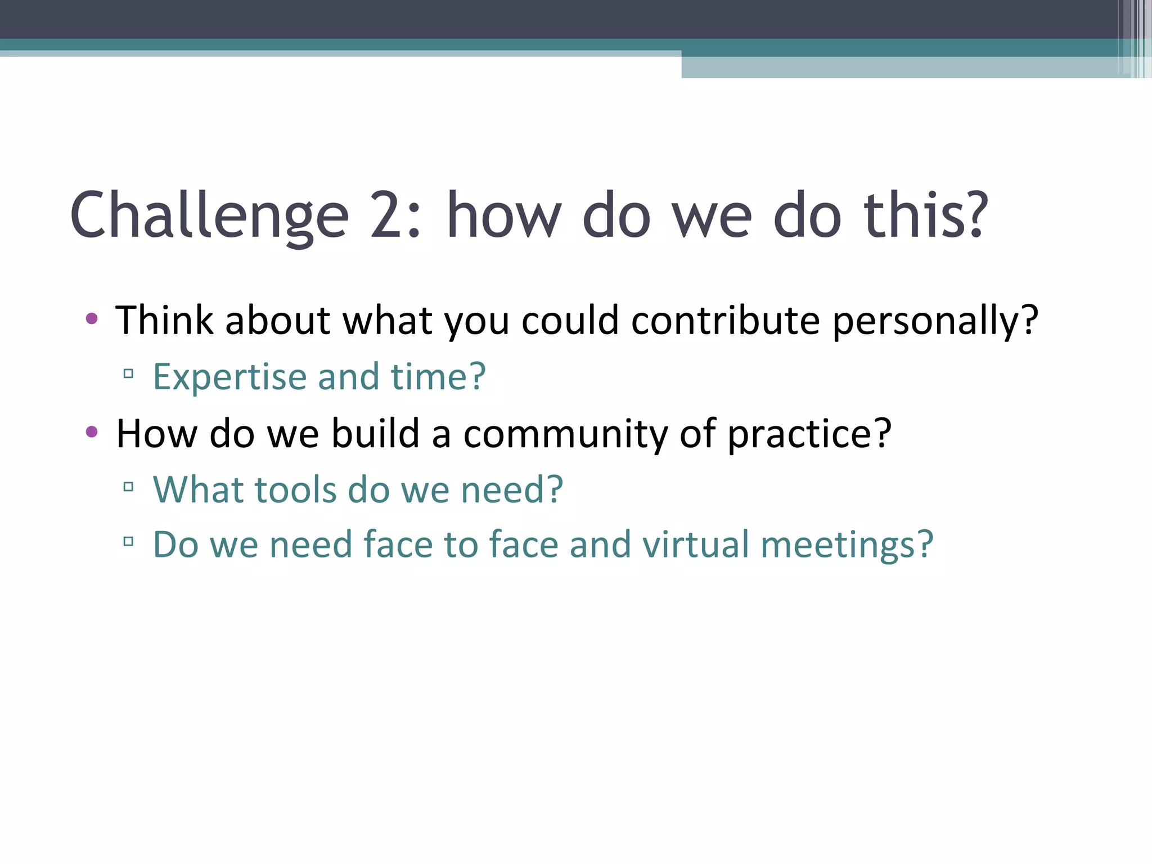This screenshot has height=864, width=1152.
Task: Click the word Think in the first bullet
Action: point(164,321)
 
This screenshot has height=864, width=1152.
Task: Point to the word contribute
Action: point(726,321)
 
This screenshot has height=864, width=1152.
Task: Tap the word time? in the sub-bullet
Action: point(438,377)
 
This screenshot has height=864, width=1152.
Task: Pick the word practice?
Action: point(809,434)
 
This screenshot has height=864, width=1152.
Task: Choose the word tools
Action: point(295,489)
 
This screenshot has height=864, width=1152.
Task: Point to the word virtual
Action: point(696,544)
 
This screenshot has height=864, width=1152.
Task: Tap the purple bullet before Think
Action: point(92,319)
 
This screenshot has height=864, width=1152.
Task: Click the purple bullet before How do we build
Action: point(92,432)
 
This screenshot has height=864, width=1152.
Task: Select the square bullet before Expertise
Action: point(128,373)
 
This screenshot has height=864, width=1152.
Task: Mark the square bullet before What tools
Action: point(128,486)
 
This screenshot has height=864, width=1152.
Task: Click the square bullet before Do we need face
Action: point(128,542)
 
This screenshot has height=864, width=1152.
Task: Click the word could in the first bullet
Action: point(570,321)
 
